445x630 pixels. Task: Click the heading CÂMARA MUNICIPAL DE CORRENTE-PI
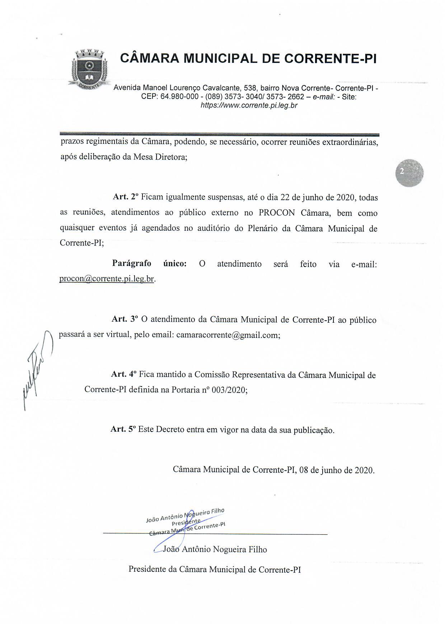pos(248,59)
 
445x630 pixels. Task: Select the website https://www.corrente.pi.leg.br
pos(249,106)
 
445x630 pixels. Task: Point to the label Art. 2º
pos(126,197)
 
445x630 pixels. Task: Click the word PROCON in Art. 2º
pos(277,213)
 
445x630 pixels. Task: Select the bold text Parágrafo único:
pos(149,264)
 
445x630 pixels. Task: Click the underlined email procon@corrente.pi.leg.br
pos(107,279)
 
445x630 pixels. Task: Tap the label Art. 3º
pos(125,319)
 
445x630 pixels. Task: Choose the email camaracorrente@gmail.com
pos(228,335)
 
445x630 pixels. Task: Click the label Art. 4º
pos(124,374)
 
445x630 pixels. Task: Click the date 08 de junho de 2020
pos(336,470)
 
